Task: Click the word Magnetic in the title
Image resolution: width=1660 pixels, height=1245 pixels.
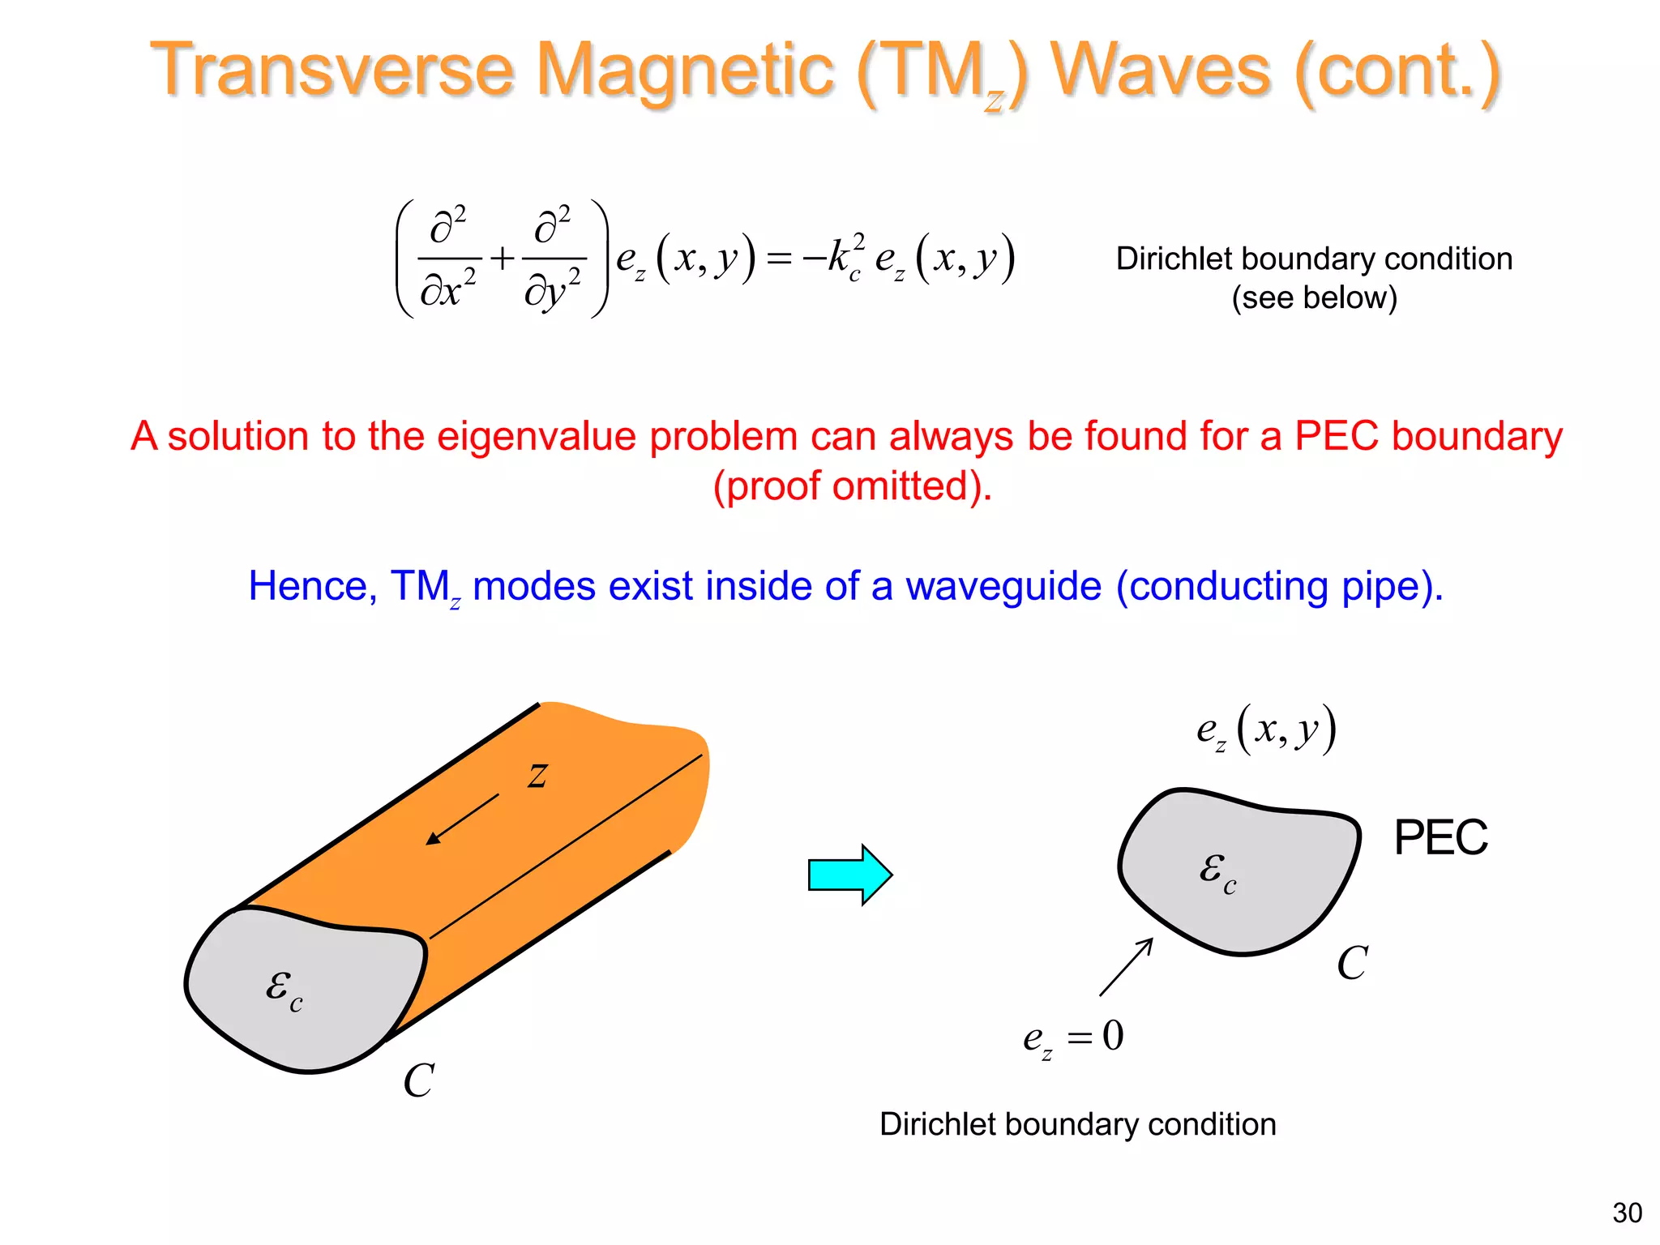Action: coord(685,71)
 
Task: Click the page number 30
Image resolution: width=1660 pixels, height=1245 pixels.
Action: coord(1627,1213)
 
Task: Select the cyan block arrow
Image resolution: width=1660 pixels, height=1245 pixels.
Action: coord(849,875)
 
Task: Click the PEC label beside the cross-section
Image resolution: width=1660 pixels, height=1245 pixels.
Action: coord(1440,837)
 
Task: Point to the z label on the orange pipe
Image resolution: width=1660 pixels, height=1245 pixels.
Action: coord(537,775)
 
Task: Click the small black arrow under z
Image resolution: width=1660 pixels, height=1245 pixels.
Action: coord(462,819)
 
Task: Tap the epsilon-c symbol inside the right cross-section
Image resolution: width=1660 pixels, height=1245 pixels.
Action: coord(1217,872)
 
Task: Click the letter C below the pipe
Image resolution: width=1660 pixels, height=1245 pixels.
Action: coord(418,1080)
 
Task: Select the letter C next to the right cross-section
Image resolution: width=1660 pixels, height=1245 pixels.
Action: coord(1352,963)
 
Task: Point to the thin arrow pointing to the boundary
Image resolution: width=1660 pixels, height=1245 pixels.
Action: coord(1126,967)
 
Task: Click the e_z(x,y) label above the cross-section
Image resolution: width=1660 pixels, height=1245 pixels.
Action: coord(1265,729)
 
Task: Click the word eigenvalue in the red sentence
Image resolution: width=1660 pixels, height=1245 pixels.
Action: coord(536,437)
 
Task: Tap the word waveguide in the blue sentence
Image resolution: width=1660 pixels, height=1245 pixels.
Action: coord(1003,586)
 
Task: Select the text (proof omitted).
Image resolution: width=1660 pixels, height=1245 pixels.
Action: coord(852,486)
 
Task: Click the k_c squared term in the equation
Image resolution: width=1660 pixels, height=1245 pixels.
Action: coord(845,258)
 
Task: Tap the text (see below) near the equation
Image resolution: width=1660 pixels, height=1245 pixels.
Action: coord(1314,297)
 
